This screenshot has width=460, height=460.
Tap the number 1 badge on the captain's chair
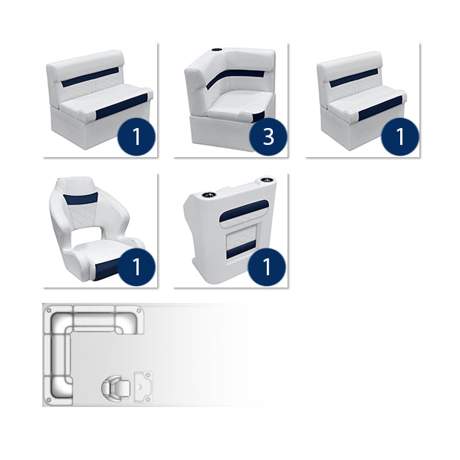point(138,268)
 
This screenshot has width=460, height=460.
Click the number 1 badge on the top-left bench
point(138,137)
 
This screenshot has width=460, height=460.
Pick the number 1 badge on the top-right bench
point(398,137)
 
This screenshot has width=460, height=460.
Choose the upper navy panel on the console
point(243,209)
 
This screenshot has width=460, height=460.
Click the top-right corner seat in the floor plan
point(126,320)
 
